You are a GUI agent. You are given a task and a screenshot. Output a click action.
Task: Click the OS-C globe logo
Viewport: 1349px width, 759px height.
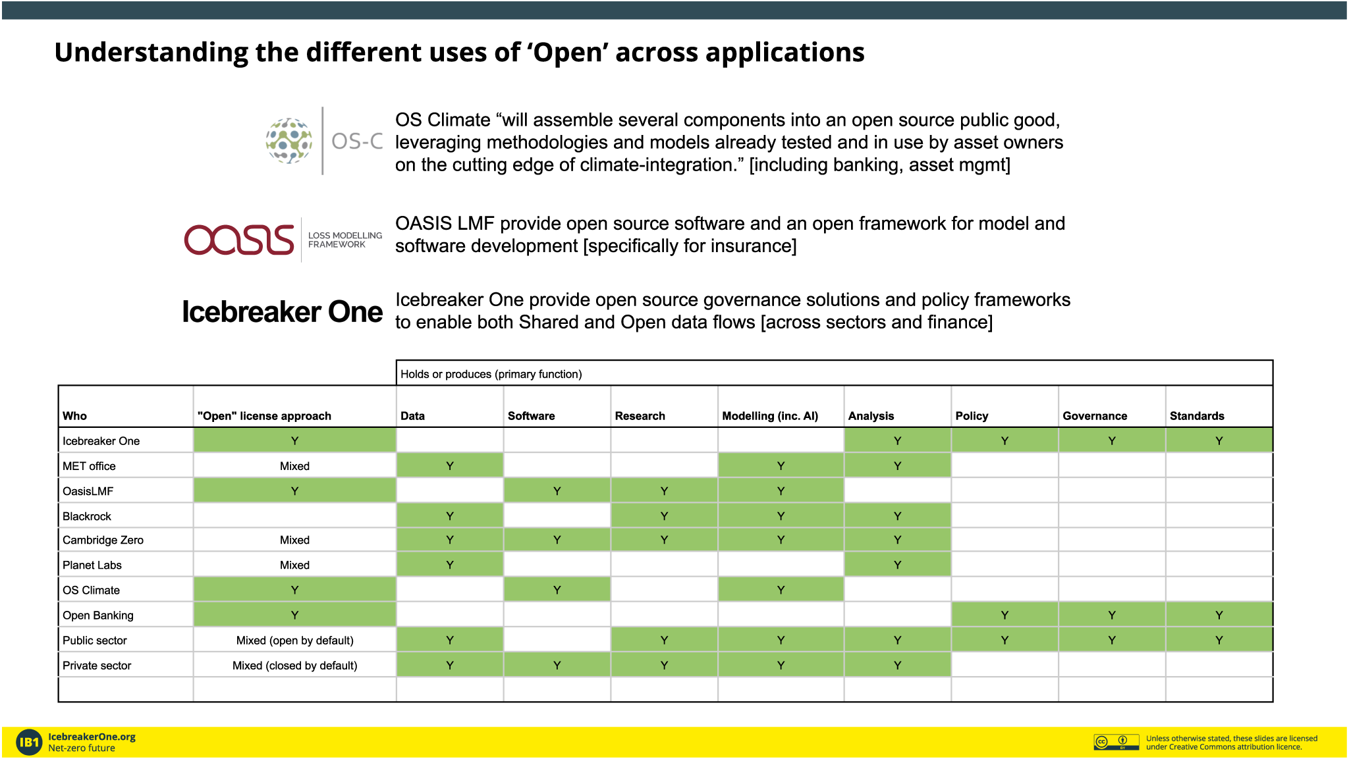coord(289,141)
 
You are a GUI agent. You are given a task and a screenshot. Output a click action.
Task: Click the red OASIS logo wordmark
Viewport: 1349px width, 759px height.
coord(239,240)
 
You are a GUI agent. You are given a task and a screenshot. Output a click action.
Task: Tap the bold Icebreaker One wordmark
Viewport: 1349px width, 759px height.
coord(282,311)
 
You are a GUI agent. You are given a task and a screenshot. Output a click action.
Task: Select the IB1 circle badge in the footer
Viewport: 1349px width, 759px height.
coord(29,743)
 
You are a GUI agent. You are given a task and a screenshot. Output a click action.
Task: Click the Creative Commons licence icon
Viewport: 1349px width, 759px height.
coord(1116,742)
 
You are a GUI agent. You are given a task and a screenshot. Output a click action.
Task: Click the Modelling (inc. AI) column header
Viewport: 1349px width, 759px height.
coord(770,416)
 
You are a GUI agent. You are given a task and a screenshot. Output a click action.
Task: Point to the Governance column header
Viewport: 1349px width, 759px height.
coord(1095,416)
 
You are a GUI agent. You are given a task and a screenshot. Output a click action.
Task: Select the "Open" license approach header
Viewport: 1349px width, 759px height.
coord(264,416)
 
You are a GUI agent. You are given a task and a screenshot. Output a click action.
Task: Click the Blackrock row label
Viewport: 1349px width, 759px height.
coord(87,516)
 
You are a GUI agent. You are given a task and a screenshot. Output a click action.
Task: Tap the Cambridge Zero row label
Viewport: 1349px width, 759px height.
coord(103,540)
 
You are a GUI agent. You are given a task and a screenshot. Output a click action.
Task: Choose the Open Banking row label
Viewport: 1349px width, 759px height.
coord(98,615)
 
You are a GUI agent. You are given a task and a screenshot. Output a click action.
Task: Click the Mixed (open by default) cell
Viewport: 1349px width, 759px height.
coord(295,641)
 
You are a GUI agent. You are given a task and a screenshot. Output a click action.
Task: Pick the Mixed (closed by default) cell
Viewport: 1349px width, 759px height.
coord(295,666)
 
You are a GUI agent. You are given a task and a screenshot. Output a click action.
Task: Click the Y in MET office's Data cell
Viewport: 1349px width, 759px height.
coord(450,466)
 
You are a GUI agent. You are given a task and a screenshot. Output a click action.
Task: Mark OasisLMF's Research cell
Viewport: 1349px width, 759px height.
coord(664,491)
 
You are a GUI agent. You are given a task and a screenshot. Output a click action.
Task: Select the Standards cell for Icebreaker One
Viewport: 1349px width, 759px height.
coord(1219,441)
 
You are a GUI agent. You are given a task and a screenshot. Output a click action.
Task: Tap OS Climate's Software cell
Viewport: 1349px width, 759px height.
coord(557,590)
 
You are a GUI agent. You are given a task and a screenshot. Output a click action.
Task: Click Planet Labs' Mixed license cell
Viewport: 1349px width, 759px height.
coord(294,565)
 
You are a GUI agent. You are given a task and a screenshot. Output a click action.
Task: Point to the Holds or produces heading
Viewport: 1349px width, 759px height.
coord(491,374)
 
